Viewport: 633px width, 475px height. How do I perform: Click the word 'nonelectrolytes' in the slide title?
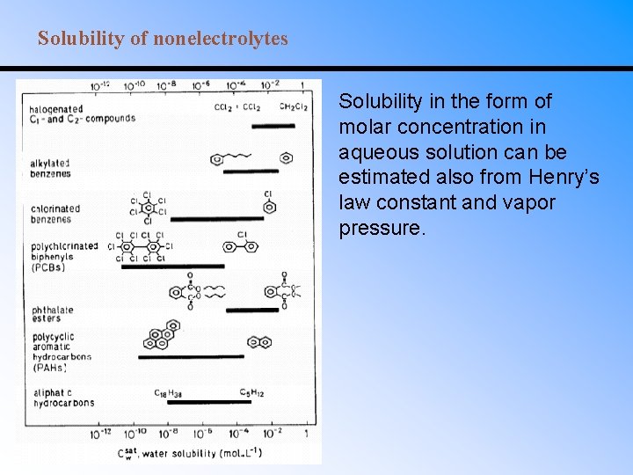point(221,39)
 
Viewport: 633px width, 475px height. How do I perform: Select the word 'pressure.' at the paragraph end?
point(382,229)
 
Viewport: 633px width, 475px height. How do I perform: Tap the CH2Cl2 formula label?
point(293,107)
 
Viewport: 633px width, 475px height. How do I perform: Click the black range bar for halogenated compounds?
point(273,127)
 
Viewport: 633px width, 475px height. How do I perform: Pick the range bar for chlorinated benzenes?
point(216,218)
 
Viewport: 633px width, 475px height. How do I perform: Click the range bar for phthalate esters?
point(252,310)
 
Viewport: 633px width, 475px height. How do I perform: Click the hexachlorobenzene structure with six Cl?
point(149,208)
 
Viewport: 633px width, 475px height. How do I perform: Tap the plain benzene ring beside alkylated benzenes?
point(286,158)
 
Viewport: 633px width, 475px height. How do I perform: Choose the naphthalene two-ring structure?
point(259,342)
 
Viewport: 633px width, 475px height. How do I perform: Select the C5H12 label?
point(251,391)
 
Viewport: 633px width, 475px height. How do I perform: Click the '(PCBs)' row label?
point(47,267)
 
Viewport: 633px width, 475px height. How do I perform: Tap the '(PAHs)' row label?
point(47,368)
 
